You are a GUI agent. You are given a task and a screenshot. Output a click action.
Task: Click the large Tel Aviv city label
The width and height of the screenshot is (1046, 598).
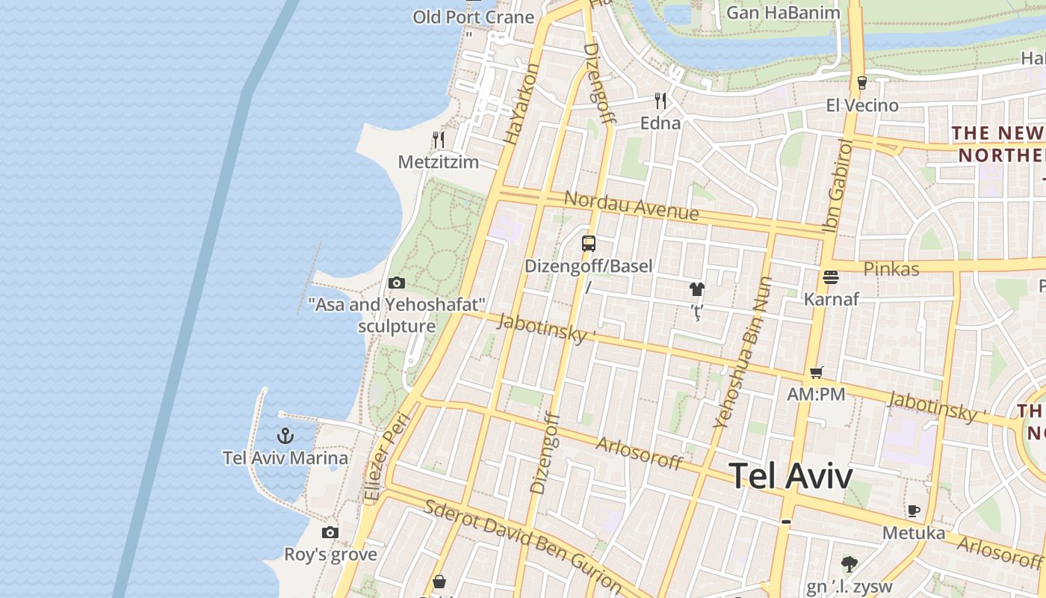pos(790,475)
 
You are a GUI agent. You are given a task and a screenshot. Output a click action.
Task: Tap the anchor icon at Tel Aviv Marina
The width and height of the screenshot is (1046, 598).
pos(285,435)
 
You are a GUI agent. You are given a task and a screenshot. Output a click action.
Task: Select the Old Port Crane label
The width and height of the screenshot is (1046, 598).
pos(473,16)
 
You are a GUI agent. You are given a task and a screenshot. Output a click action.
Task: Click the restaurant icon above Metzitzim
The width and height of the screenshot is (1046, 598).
pos(439,140)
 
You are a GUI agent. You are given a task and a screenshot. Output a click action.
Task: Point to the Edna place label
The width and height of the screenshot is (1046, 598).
pos(660,123)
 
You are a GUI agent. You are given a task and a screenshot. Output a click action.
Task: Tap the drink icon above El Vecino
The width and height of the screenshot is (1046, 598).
pos(861,83)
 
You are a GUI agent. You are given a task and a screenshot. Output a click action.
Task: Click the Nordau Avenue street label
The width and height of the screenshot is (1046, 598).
pos(631,206)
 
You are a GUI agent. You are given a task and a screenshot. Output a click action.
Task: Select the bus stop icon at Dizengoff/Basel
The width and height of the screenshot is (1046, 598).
pos(589,244)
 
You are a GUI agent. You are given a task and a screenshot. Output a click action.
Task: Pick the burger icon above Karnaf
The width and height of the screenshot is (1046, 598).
pos(831,277)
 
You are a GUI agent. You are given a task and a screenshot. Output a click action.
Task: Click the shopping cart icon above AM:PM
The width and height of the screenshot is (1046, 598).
pos(816,372)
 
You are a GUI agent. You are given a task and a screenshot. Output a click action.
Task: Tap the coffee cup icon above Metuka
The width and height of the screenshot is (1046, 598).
pos(913,511)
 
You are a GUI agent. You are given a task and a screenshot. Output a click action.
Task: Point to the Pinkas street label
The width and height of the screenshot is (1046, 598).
pos(891,268)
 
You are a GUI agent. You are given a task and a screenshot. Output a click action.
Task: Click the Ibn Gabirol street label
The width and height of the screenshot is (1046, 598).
pos(840,185)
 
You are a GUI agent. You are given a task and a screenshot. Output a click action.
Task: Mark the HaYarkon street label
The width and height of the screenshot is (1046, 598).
pos(522,104)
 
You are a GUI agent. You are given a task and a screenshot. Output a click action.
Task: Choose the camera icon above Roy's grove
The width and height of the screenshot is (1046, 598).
pos(329,532)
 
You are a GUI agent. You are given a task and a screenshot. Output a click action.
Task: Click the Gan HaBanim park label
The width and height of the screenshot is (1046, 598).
pos(783,12)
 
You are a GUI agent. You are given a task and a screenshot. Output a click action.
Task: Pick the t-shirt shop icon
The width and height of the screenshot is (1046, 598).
pos(697,289)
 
